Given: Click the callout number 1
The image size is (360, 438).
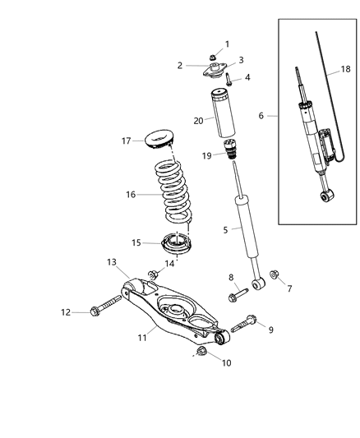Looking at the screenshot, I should pos(227,44).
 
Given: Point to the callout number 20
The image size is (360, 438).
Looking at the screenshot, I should pos(198,121).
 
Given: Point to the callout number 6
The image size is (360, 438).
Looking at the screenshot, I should pos(262,117).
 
